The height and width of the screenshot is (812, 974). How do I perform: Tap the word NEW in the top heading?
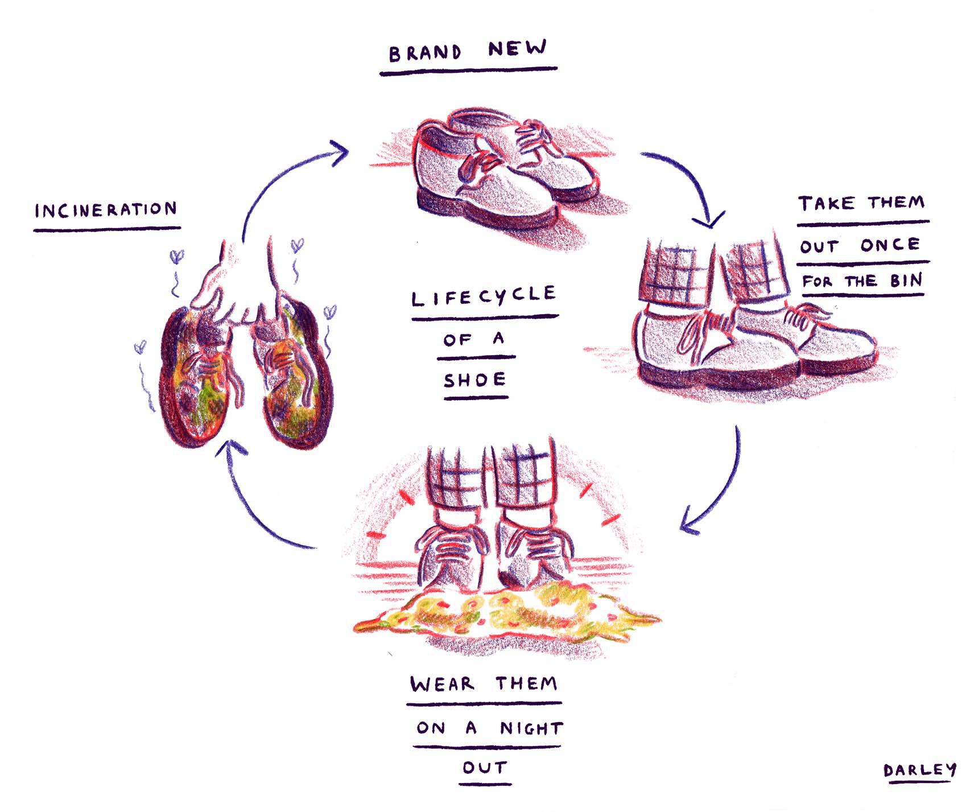point(517,49)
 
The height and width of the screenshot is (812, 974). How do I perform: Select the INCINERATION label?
point(106,211)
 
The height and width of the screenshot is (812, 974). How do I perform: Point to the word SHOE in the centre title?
point(474,380)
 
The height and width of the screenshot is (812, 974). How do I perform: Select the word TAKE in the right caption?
point(826,204)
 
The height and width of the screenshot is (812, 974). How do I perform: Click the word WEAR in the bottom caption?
point(442,683)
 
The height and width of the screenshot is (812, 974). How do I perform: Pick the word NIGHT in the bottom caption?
point(531,728)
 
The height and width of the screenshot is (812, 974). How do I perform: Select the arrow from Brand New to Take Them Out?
point(688,182)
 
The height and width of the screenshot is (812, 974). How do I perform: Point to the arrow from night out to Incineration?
point(250,506)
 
